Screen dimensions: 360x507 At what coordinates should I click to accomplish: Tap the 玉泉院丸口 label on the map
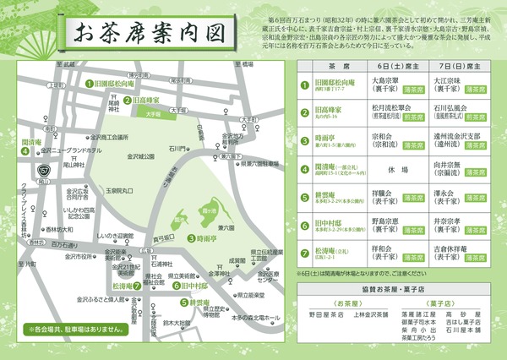point(118,192)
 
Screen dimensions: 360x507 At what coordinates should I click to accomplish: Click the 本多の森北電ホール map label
point(254,316)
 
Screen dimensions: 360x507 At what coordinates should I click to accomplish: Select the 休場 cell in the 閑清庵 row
point(386,168)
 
